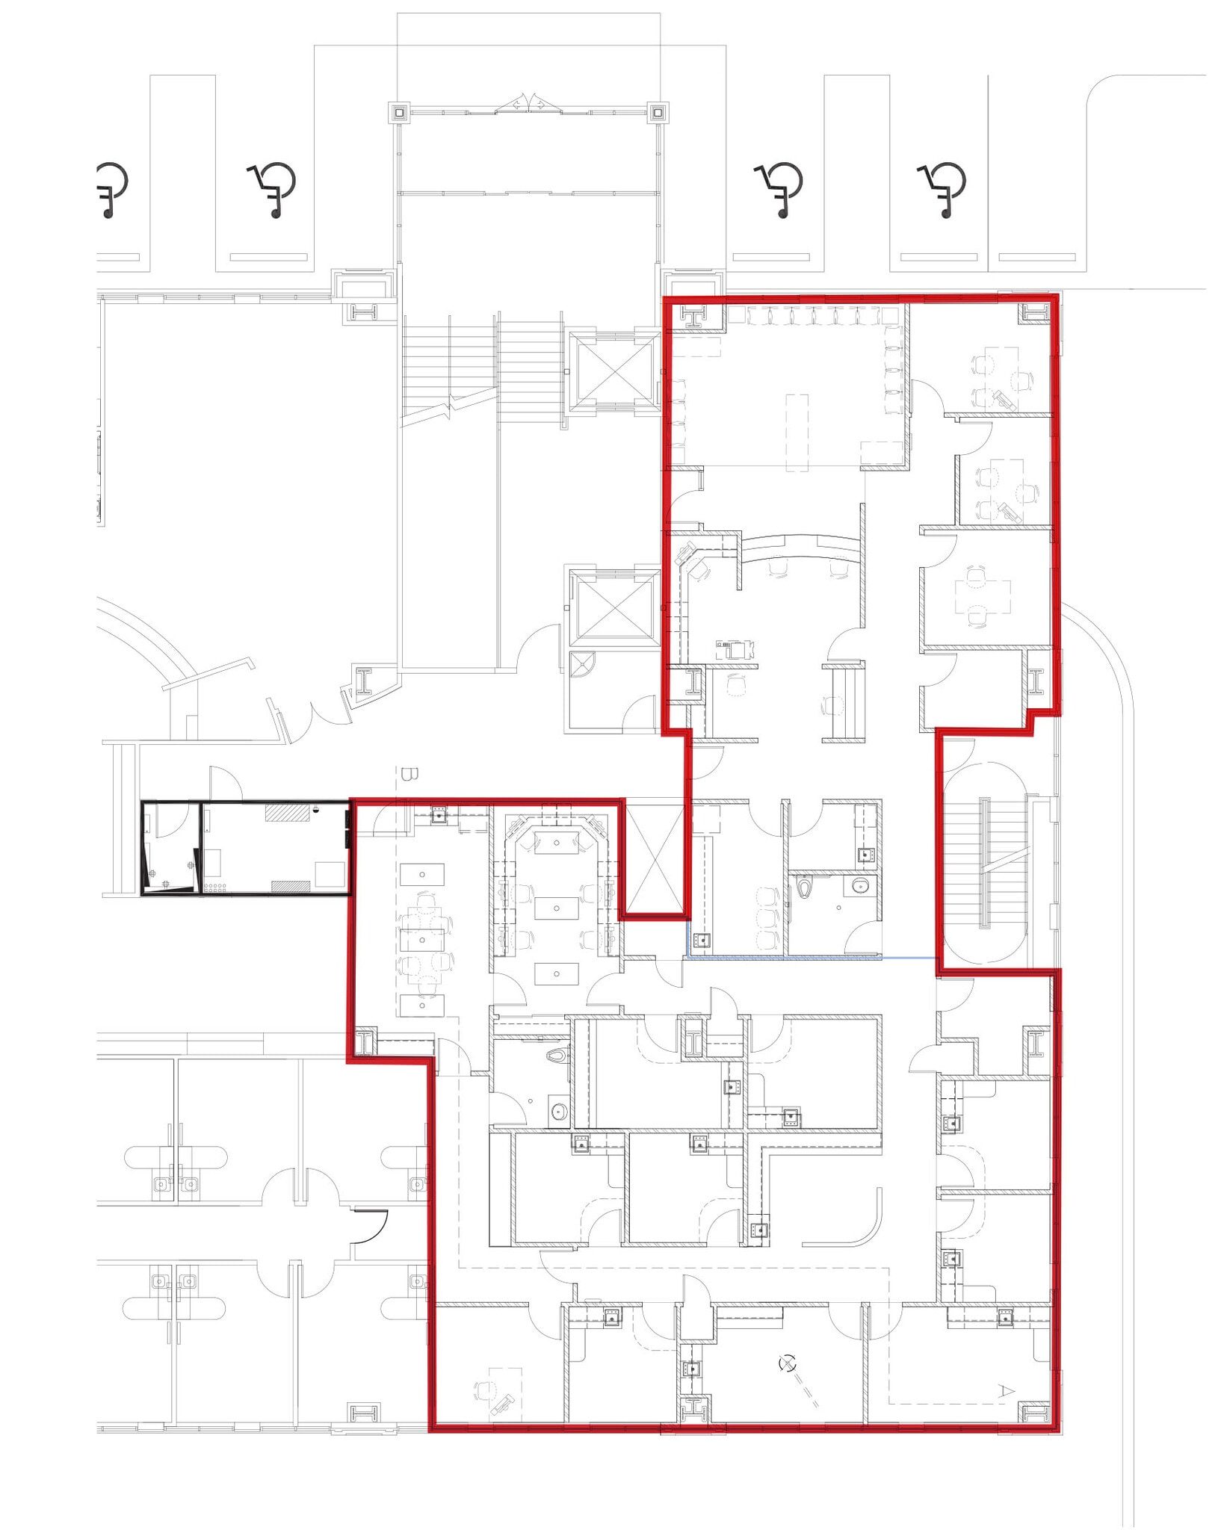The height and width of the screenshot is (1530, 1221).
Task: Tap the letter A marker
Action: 1007,1390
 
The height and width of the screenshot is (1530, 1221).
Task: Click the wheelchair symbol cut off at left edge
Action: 112,190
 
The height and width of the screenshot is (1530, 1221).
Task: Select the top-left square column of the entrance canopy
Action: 400,113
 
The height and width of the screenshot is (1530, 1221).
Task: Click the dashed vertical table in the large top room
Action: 797,433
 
